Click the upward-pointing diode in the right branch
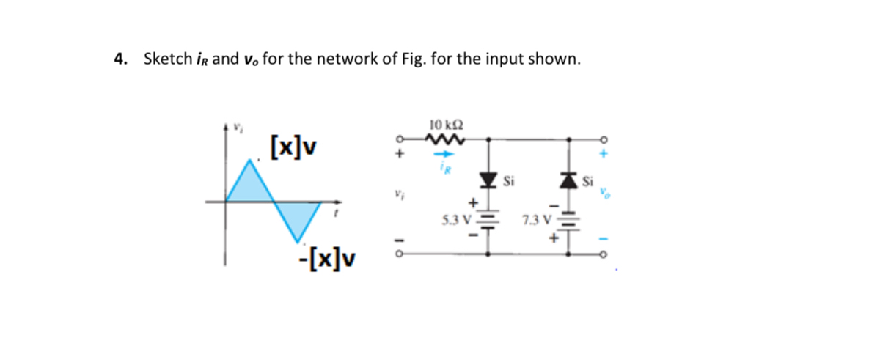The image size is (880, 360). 571,178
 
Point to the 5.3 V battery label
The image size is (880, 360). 456,218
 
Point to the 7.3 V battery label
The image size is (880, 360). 537,218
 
